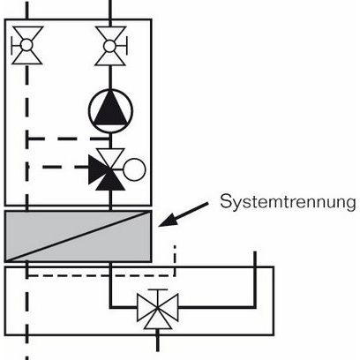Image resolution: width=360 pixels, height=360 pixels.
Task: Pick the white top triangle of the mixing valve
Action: point(111,158)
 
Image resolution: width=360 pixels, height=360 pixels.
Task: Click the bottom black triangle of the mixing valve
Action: point(111,181)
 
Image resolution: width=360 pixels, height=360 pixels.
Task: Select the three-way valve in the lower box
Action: point(157,309)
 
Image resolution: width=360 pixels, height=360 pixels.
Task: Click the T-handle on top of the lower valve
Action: point(157,290)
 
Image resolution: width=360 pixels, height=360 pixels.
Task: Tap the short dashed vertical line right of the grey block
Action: point(175,256)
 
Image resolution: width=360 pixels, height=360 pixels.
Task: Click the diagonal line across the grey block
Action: point(79,236)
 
